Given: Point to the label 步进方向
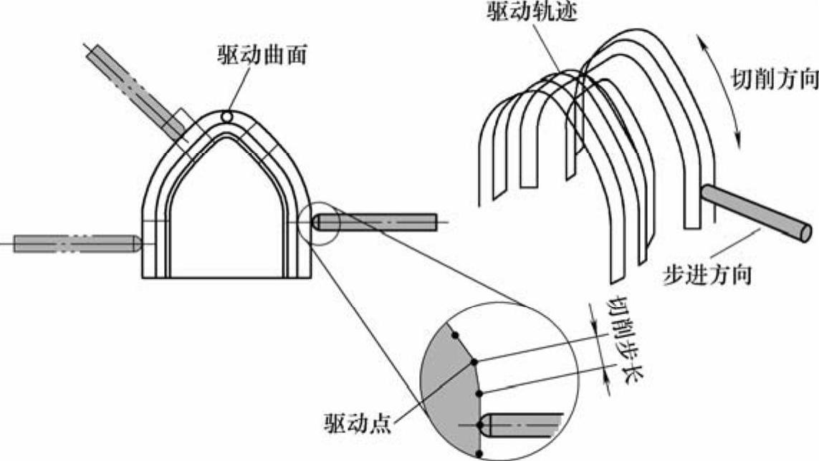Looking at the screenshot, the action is [x=707, y=275].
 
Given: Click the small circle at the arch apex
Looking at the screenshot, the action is [x=227, y=116].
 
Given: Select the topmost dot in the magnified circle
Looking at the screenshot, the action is [x=454, y=334].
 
